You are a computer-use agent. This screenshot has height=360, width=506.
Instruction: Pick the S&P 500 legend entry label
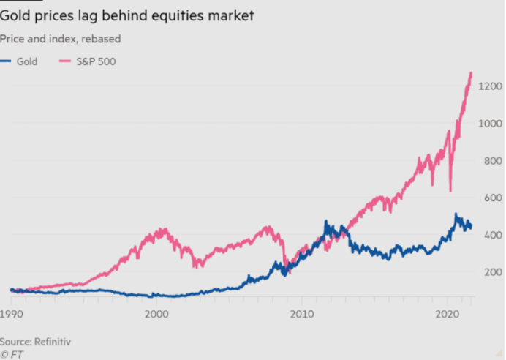click(x=95, y=61)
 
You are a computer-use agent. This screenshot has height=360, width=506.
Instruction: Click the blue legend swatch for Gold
click(x=7, y=61)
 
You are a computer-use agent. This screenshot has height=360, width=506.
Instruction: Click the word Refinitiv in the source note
click(x=58, y=341)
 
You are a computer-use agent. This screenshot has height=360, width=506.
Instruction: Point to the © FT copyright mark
click(x=11, y=353)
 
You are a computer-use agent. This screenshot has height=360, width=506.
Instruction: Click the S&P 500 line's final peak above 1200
click(x=471, y=73)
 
